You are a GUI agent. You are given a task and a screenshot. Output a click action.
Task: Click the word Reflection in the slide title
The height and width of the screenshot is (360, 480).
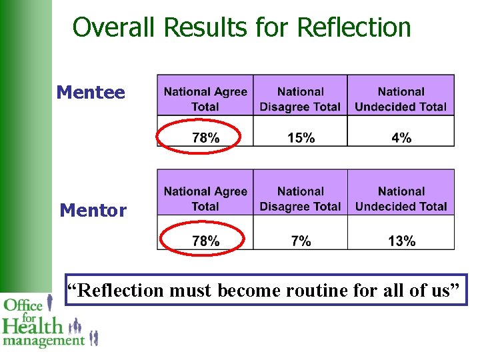354,28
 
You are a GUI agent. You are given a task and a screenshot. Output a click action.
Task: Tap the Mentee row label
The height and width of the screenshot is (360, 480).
91,92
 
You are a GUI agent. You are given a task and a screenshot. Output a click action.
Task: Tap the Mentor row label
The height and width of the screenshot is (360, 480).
93,211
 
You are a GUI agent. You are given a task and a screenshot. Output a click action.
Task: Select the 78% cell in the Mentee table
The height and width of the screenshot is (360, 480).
205,138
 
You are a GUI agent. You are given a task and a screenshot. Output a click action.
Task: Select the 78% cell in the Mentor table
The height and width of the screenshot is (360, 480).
205,241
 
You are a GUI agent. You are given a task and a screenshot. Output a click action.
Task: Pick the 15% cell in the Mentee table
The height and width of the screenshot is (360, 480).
301,138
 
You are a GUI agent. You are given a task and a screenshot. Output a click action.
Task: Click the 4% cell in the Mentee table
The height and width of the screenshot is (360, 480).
401,138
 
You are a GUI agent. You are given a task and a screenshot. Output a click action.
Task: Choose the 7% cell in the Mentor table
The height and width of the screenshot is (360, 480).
301,241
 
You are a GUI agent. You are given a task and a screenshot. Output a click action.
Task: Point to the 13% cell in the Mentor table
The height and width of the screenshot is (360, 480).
401,241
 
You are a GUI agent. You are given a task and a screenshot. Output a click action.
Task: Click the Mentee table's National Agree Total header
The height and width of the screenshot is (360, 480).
205,99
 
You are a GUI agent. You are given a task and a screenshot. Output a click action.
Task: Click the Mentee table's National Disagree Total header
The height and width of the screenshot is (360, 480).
301,99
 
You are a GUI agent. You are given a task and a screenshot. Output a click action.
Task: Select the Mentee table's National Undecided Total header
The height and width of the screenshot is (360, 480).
401,99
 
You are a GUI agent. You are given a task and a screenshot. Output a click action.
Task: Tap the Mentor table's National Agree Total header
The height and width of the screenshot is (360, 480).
205,199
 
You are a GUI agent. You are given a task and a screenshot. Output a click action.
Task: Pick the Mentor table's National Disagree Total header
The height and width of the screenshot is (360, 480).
301,199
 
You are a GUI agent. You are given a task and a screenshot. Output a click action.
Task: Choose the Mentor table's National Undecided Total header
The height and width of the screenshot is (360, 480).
401,199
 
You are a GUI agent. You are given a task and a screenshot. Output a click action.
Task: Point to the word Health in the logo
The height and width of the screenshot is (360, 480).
33,326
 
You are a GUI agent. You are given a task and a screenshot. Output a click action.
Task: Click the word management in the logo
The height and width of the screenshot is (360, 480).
44,341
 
